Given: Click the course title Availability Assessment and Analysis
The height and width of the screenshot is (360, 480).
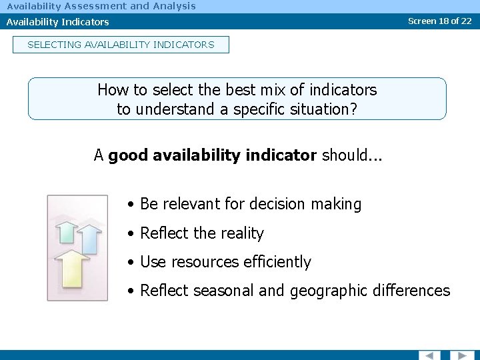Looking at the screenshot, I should [x=101, y=6].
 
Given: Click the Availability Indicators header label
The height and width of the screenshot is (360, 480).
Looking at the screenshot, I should [x=58, y=22].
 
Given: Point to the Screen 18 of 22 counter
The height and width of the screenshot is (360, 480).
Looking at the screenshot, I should [x=439, y=21].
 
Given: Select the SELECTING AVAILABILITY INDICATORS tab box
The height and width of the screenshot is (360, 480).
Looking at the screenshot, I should [x=121, y=45].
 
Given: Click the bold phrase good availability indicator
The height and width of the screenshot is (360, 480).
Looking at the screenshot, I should [x=213, y=155].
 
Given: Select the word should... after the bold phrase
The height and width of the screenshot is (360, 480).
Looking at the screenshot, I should [x=350, y=155].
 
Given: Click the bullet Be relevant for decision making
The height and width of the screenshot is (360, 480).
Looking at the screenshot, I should [x=251, y=204].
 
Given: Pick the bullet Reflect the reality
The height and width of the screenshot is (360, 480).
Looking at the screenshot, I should [x=202, y=233].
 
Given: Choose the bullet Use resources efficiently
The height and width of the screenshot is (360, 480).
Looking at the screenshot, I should [x=225, y=262].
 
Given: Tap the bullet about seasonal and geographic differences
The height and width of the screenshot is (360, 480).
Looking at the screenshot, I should [x=295, y=291].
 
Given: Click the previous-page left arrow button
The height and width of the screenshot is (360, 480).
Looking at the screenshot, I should [x=429, y=355].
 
